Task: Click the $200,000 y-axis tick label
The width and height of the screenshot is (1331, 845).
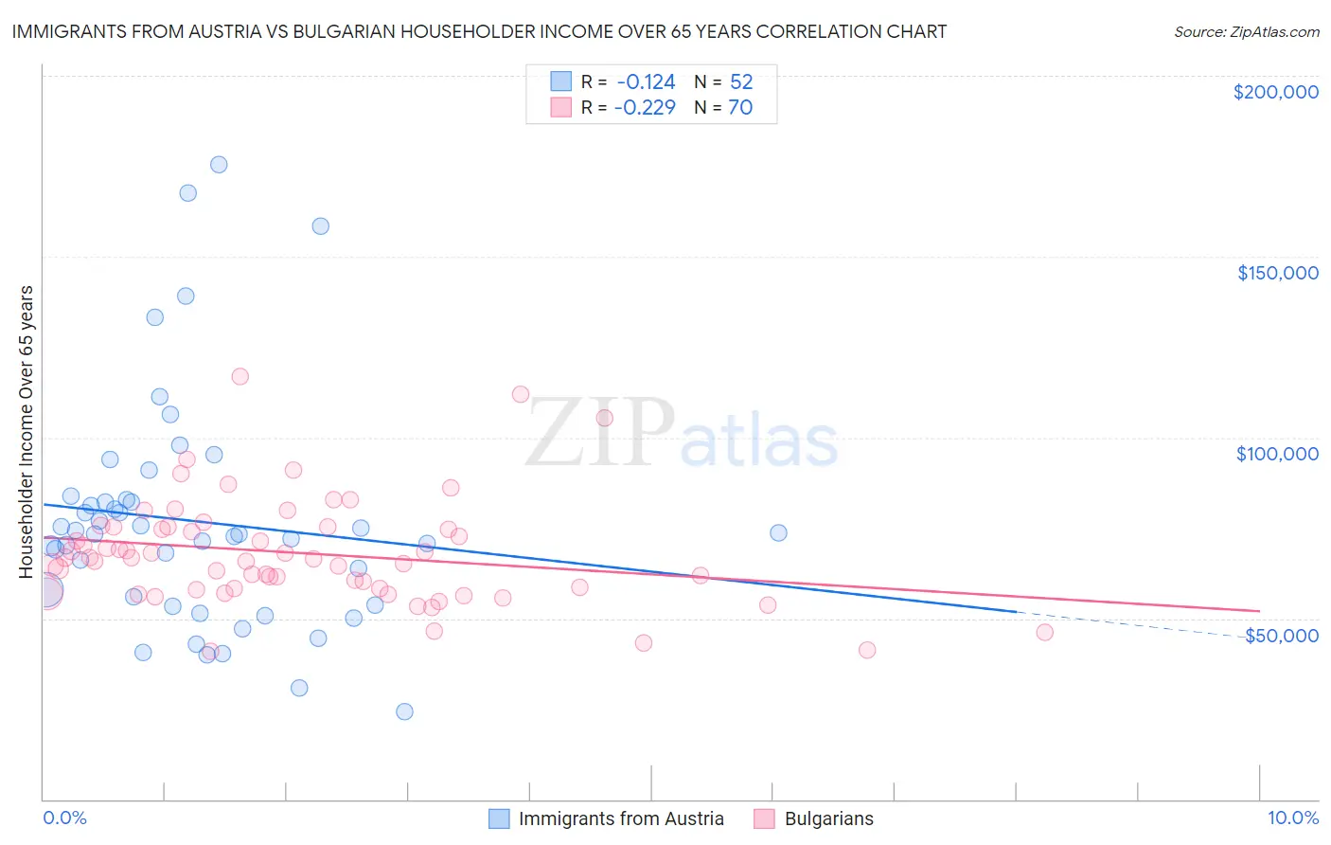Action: [1275, 92]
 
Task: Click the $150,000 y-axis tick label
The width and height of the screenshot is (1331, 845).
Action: [1277, 273]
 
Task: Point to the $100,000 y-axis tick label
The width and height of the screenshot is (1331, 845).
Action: [1277, 454]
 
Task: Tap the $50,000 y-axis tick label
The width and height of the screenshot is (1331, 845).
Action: [1281, 635]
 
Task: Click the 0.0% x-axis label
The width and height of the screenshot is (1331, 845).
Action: [64, 818]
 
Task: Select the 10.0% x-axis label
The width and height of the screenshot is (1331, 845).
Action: [1292, 818]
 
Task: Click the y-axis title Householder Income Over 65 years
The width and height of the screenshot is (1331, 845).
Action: [27, 431]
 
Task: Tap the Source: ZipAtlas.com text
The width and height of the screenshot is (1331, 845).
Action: [1246, 31]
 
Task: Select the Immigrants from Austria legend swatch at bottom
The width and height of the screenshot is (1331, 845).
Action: [499, 818]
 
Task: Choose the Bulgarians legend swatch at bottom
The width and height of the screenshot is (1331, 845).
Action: [764, 818]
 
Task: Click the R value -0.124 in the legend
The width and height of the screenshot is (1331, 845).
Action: [645, 82]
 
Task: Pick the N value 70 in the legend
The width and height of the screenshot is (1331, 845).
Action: [740, 108]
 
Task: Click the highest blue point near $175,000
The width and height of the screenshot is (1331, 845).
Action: [219, 165]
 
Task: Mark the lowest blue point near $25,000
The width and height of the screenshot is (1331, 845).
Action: [404, 711]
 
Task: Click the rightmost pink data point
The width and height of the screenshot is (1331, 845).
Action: [1044, 632]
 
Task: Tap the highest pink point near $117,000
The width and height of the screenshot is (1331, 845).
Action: [240, 376]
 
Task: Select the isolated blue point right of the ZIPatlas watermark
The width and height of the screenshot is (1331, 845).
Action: [778, 532]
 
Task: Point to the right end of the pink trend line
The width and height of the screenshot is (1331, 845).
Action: [1259, 611]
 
